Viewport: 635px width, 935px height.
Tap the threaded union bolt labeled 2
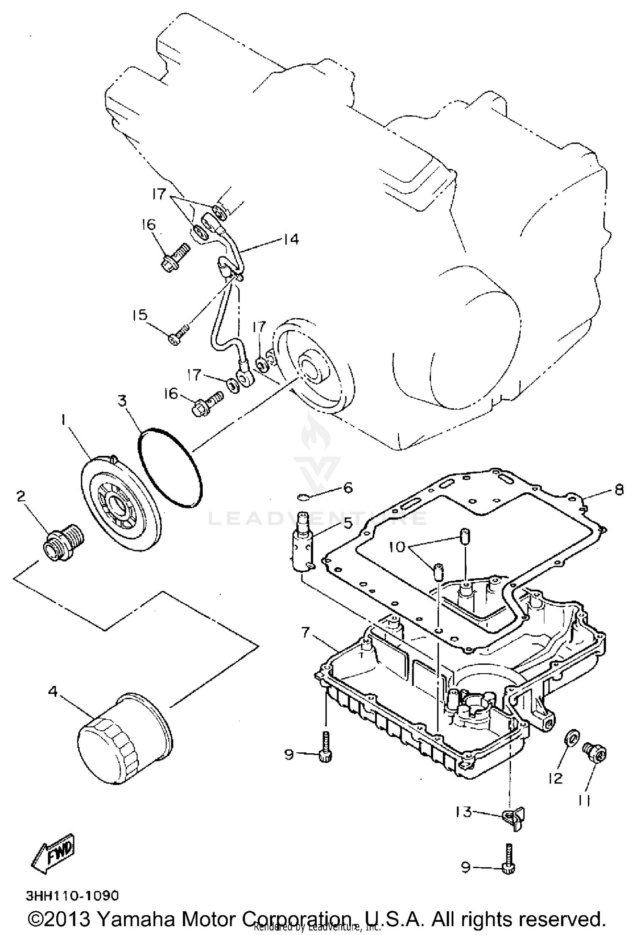pyautogui.click(x=63, y=543)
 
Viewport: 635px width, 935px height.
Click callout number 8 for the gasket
pyautogui.click(x=618, y=490)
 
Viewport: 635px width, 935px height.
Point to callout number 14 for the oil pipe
pyautogui.click(x=291, y=239)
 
